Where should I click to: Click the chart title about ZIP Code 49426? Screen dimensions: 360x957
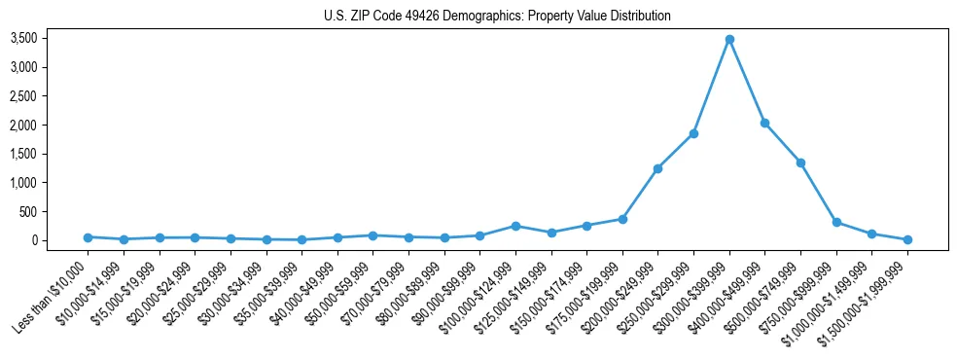click(497, 17)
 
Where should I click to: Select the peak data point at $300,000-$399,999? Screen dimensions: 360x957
click(729, 40)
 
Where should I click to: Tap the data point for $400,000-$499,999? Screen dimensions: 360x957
click(765, 124)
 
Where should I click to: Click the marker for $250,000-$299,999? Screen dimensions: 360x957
click(693, 133)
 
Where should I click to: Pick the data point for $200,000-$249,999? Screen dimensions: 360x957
click(658, 168)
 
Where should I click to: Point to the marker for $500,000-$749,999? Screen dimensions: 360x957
click(800, 162)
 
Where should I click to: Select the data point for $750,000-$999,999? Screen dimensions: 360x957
click(836, 222)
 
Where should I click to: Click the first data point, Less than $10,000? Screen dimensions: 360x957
click(88, 237)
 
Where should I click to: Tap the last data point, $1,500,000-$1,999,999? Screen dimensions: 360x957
click(907, 239)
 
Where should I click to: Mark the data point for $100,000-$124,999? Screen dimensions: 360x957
click(515, 226)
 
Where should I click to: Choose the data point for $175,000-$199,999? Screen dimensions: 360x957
click(622, 219)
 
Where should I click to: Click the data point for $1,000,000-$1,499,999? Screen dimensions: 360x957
click(871, 234)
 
